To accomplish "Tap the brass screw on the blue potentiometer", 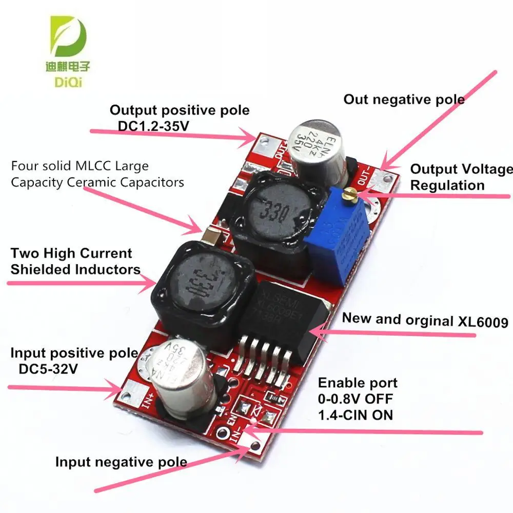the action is click(351, 194).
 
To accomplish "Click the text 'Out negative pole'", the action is click(404, 99).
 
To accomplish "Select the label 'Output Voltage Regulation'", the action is click(461, 176).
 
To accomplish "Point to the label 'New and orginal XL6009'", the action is click(425, 320).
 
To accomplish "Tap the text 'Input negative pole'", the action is click(121, 462).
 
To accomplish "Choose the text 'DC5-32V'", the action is click(49, 369).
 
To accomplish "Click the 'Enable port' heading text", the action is click(358, 383).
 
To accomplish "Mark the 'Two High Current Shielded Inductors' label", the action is click(75, 261).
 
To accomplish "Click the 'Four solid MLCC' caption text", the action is click(97, 174).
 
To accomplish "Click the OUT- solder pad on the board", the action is click(384, 177).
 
